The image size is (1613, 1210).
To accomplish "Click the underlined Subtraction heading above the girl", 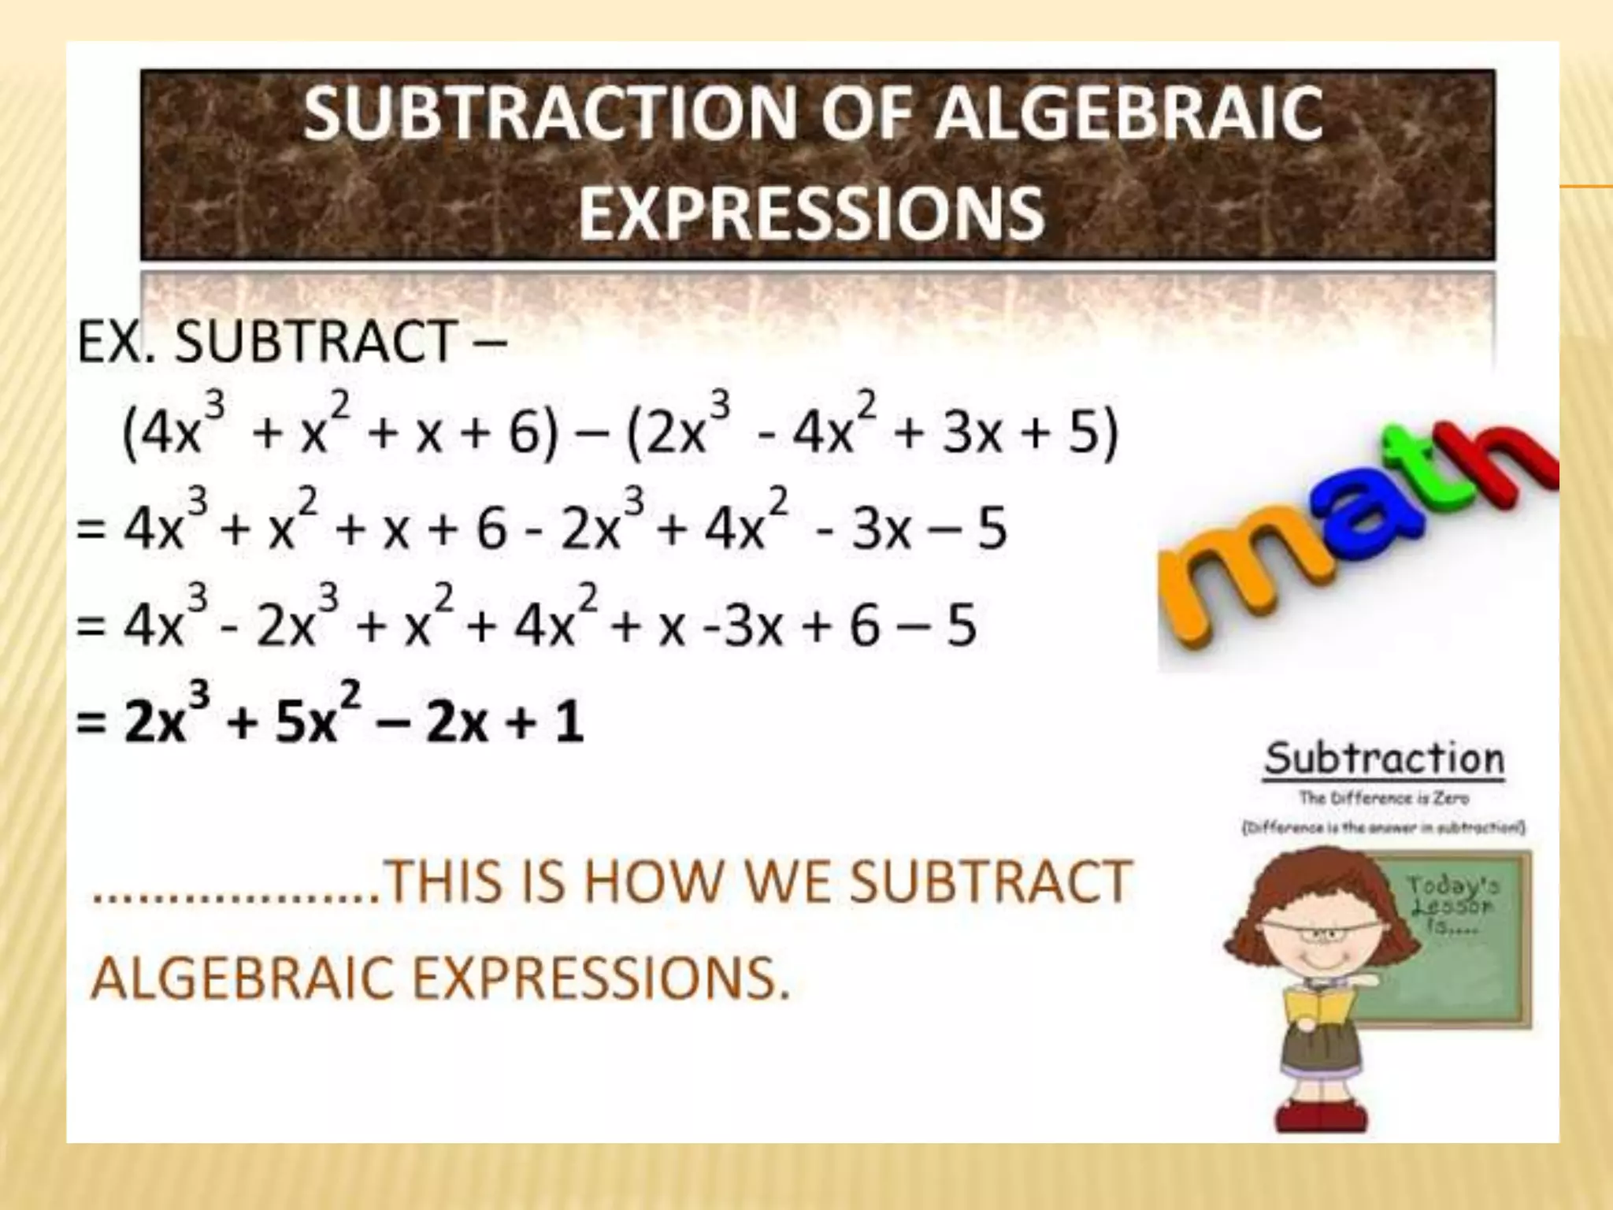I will coord(1384,759).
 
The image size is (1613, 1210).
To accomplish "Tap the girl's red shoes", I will coord(1322,1114).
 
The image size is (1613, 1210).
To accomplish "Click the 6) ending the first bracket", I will coord(532,433).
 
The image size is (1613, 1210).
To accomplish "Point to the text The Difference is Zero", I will coord(1384,798).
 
